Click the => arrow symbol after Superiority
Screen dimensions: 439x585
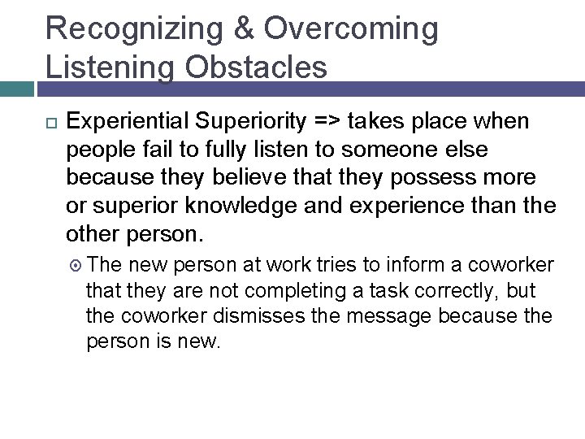323,122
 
